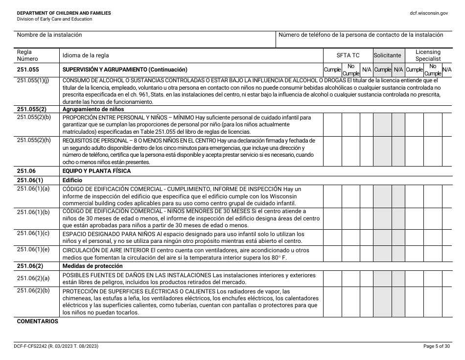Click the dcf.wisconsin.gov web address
click(429, 13)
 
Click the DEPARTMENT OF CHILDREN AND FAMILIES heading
click(64, 13)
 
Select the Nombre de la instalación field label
click(49, 35)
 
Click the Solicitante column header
click(387, 55)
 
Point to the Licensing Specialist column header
click(428, 55)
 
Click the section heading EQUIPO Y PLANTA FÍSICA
click(96, 171)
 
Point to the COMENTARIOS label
click(38, 322)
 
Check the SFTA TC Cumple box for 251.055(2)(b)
click(332, 124)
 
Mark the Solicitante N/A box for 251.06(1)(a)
click(398, 196)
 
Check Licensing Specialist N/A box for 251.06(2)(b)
click(446, 302)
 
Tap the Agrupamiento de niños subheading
click(93, 109)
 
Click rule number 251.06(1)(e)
click(33, 249)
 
